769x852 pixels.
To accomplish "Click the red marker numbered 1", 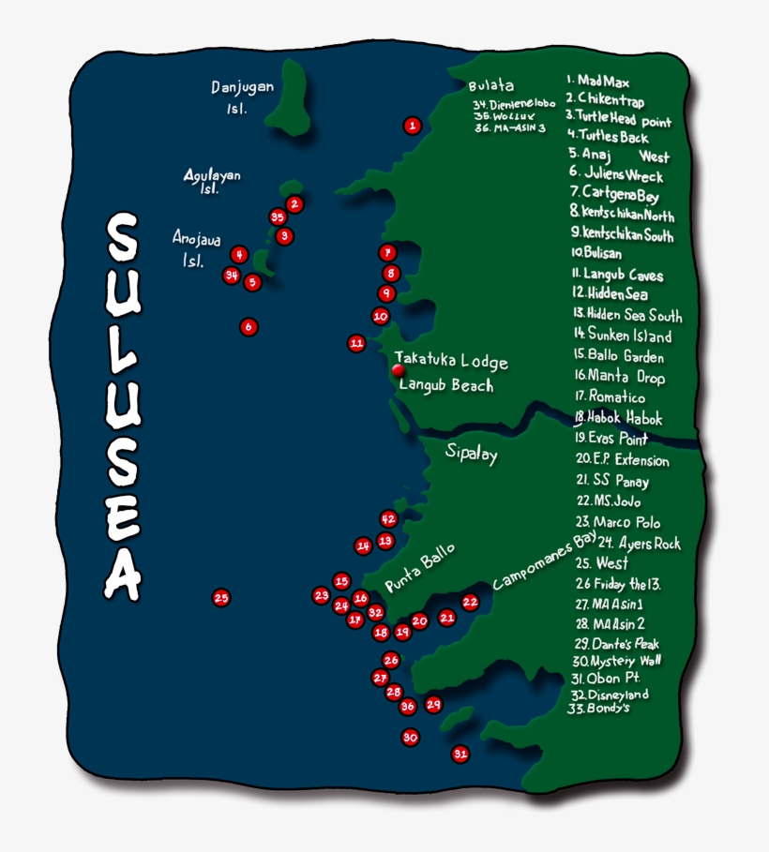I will pos(412,125).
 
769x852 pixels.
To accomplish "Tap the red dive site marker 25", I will pos(221,597).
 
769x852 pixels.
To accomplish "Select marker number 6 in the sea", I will pos(248,326).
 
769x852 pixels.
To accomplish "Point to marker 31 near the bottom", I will pos(460,753).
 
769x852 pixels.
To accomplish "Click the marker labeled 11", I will pos(356,343).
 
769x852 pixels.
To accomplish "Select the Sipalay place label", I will pos(471,456).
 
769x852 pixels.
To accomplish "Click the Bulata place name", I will pos(490,86).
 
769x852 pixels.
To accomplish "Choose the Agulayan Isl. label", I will pos(212,181).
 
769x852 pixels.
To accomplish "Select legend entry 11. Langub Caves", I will pos(617,275).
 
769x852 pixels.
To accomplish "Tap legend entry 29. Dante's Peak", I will pos(617,643).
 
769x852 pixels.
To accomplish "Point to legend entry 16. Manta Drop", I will pos(620,377).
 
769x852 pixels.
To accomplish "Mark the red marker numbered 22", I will pos(471,603).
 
